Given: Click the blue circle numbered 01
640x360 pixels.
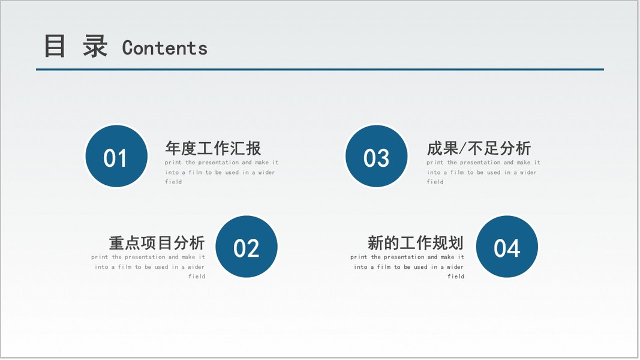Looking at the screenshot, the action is coord(116,157).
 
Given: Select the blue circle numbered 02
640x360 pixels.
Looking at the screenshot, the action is coord(247,247).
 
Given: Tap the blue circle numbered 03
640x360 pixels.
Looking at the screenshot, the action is coord(376,157).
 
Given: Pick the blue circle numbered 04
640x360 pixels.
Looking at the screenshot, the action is coord(507,247).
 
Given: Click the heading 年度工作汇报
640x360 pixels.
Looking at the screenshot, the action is coord(213,148).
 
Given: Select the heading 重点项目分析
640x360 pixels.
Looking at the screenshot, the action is coord(157,243).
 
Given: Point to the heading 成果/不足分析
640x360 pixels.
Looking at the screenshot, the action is coord(479,148).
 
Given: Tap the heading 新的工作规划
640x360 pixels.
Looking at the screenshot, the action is coord(416,243).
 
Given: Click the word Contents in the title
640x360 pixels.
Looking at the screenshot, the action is coord(165,48).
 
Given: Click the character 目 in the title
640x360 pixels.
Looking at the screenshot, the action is coord(55,46).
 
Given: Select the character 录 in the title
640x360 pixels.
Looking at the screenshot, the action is coord(95,46).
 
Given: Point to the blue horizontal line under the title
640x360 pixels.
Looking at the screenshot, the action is coord(320,70).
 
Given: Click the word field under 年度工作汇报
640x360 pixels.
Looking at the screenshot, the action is coord(173,182).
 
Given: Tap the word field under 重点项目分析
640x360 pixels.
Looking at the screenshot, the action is coord(197,277).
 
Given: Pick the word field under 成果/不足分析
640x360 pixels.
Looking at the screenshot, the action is coord(435,182).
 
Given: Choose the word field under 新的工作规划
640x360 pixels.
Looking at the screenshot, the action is coord(456,277).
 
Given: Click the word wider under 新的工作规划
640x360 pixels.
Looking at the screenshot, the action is coord(455,267).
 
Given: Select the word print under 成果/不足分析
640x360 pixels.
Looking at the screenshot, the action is coord(435,163).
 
